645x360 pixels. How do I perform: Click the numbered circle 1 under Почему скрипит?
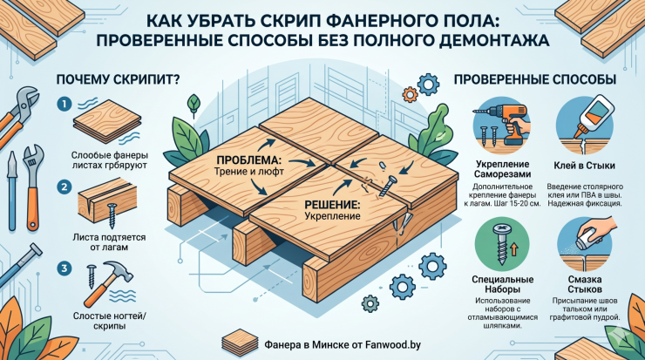point(64,104)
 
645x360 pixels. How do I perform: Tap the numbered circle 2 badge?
point(64,187)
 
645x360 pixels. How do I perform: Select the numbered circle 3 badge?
point(64,269)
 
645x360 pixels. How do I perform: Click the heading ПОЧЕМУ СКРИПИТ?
point(118,79)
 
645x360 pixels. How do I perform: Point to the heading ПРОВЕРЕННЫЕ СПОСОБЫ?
point(535,79)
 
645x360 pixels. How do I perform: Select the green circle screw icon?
point(502,245)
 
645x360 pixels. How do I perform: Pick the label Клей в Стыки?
point(584,166)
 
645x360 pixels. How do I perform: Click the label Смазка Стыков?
point(585,284)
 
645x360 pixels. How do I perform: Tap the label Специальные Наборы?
point(502,284)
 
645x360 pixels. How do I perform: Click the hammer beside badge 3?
point(108,285)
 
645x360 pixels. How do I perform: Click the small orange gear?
point(410,94)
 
